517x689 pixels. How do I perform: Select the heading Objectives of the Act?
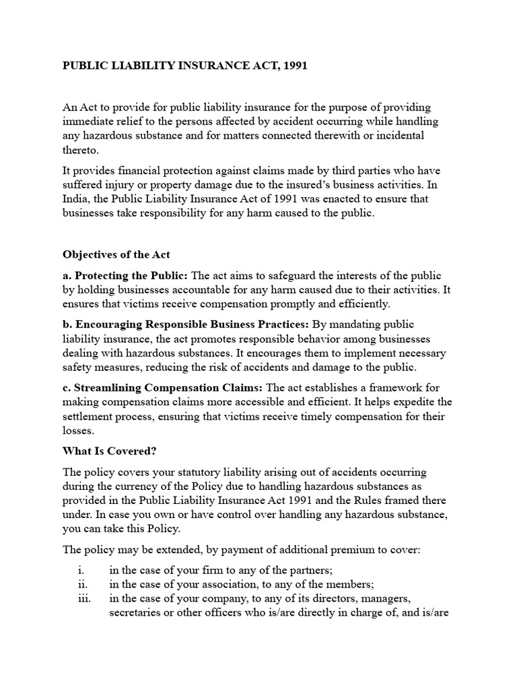[x=116, y=255]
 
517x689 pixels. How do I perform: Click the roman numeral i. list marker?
[x=81, y=569]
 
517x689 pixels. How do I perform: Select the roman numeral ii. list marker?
[x=82, y=583]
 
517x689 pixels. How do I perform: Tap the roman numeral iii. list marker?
[x=83, y=597]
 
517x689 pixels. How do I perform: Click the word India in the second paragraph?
[x=77, y=199]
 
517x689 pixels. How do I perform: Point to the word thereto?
[x=80, y=150]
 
